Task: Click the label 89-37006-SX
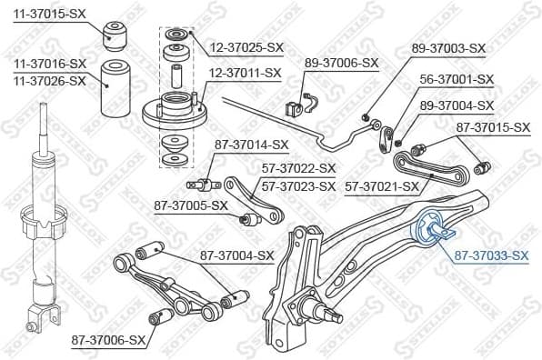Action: [x=341, y=63]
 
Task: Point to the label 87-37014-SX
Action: [x=251, y=144]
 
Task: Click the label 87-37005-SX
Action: [x=190, y=205]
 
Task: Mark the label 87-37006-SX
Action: [x=108, y=340]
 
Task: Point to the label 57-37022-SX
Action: [x=299, y=168]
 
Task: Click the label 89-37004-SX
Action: [x=455, y=106]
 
